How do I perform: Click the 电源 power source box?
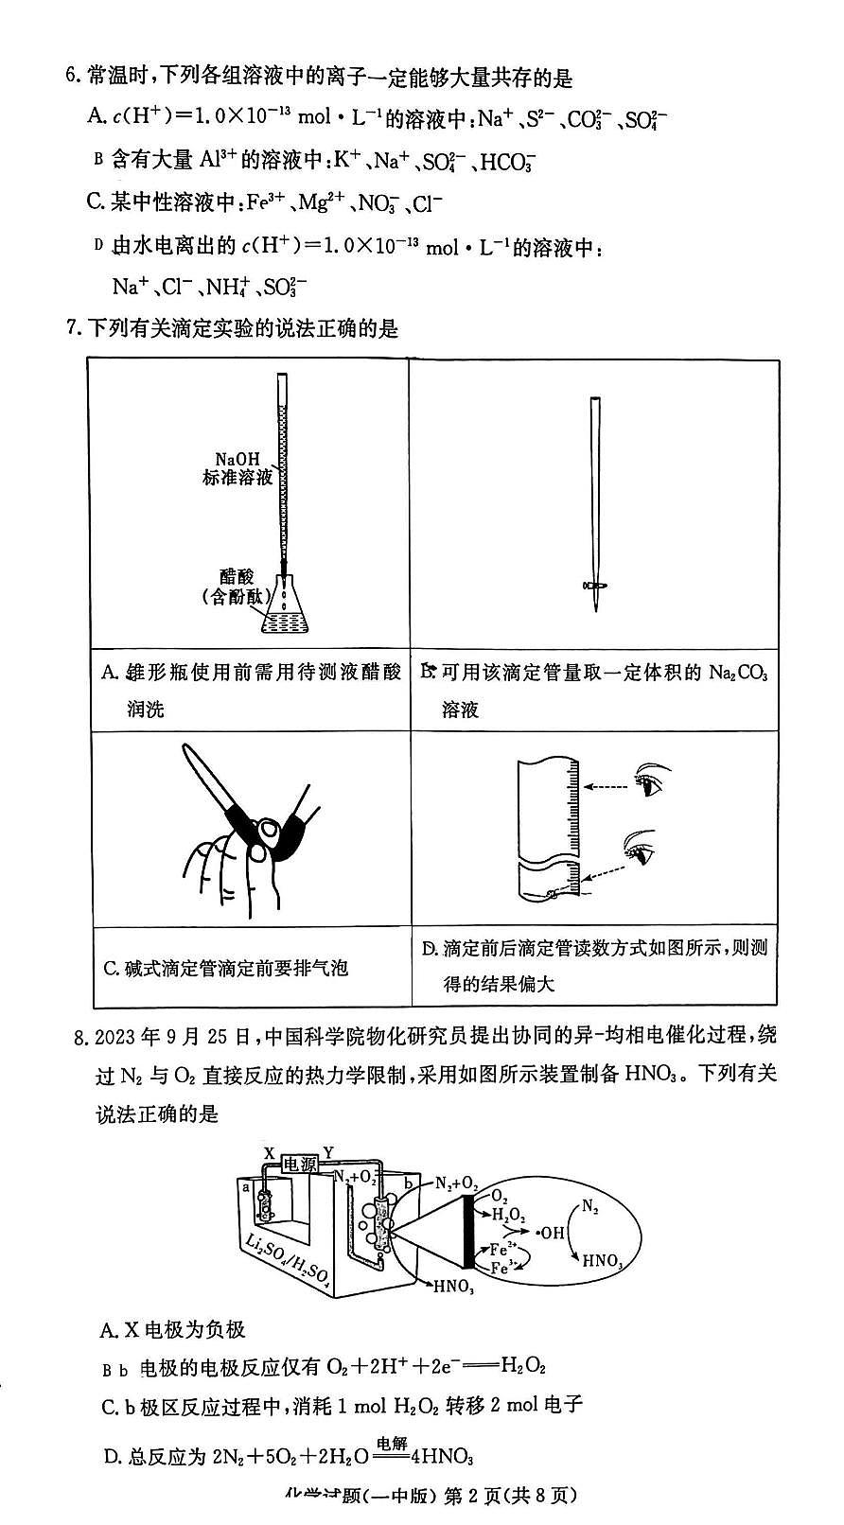[x=302, y=1165]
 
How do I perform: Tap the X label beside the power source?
[x=270, y=1153]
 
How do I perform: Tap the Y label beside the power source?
[x=328, y=1152]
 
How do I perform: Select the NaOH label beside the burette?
[x=237, y=460]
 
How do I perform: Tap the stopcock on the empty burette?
[x=595, y=587]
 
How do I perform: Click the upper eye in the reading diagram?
[x=649, y=781]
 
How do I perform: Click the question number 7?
[x=72, y=328]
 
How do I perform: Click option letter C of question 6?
[x=94, y=202]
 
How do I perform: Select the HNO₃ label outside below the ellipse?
[x=451, y=1285]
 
